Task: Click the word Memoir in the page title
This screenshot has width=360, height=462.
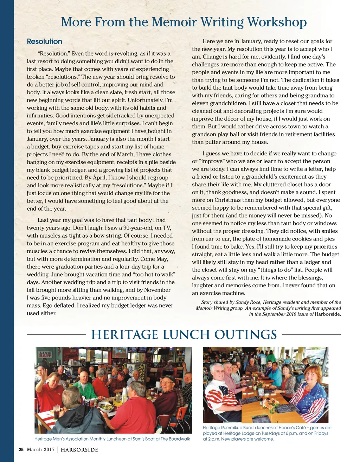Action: pyautogui.click(x=171, y=23)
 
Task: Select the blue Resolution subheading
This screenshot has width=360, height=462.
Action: pyautogui.click(x=45, y=41)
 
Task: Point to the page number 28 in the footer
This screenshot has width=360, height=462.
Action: pyautogui.click(x=21, y=449)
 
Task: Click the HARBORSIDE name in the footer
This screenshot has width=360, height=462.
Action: pyautogui.click(x=79, y=450)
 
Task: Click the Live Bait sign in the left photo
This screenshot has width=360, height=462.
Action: pyautogui.click(x=45, y=354)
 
